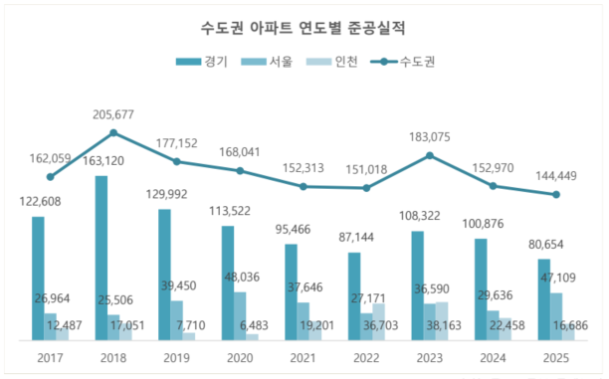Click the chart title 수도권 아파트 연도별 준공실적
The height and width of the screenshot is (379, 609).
click(304, 23)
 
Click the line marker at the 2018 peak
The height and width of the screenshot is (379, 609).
click(112, 132)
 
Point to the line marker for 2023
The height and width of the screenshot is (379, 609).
click(429, 155)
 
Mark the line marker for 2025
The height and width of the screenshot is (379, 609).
click(555, 194)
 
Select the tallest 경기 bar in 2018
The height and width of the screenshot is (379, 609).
click(101, 259)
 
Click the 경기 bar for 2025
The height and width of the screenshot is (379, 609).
click(543, 299)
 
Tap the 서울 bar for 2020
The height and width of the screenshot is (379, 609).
click(240, 315)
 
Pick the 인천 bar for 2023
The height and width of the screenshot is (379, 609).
click(442, 320)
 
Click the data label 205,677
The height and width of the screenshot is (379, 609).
click(112, 113)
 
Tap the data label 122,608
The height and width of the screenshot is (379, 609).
click(37, 202)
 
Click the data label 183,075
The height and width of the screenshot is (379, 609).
click(429, 136)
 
